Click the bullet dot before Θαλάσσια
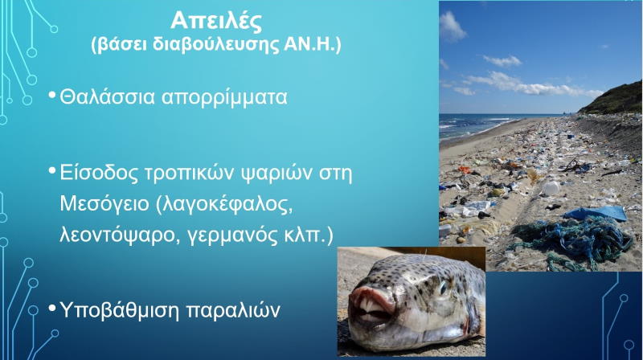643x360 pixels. (52, 96)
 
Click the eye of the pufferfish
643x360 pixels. (441, 287)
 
